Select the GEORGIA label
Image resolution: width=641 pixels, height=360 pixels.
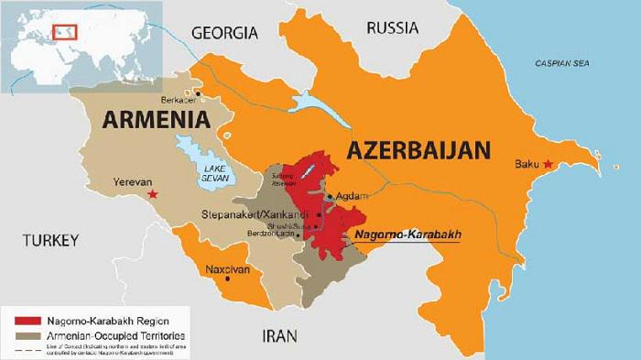coord(225,33)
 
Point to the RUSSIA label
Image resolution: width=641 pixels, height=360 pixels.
coord(392,28)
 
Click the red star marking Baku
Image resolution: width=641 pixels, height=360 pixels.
coord(549,164)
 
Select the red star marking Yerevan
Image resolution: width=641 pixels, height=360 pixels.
coord(153,194)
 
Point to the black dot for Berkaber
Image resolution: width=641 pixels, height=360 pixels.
coord(197,93)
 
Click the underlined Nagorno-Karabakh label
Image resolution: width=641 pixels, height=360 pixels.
coord(407,235)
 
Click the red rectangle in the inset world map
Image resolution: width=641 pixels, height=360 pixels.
coord(65,32)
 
